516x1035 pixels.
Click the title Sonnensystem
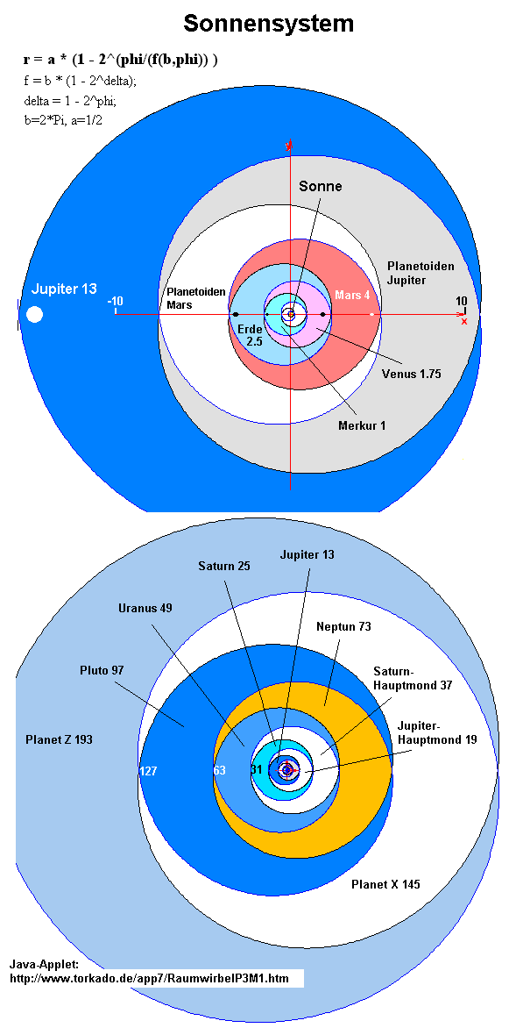click(x=268, y=24)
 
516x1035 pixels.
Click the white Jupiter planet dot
click(x=34, y=314)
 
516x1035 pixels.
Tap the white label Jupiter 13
click(x=64, y=289)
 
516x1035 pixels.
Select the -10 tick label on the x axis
click(x=116, y=302)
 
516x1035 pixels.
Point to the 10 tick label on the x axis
click(x=462, y=301)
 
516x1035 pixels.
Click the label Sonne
click(x=321, y=186)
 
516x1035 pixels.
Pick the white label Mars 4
click(x=352, y=295)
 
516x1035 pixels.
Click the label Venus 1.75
click(x=411, y=374)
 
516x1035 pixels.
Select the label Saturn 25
click(x=224, y=566)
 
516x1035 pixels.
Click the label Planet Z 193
click(x=59, y=740)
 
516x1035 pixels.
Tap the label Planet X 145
click(x=385, y=884)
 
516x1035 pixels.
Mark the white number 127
click(x=148, y=771)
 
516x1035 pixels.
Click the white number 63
click(x=220, y=770)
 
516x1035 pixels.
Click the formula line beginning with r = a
click(x=119, y=60)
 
